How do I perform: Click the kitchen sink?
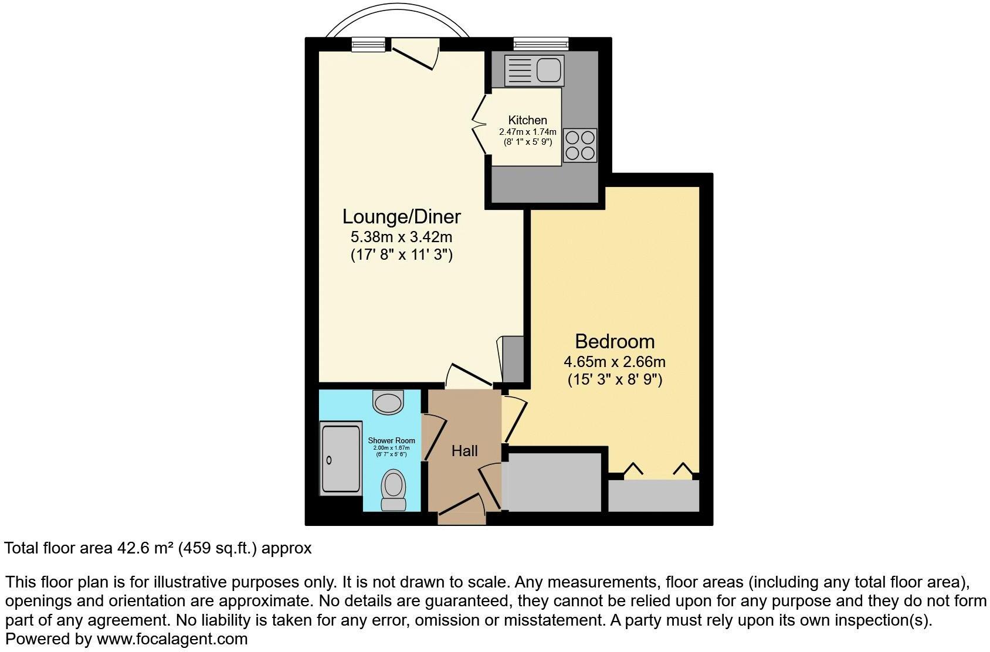click(x=549, y=70)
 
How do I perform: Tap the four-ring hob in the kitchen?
click(x=579, y=145)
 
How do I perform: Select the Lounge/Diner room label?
click(x=401, y=216)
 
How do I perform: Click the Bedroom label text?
click(x=614, y=341)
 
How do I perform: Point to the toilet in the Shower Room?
click(x=393, y=490)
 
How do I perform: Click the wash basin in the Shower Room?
click(x=388, y=403)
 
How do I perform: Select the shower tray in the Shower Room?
click(x=341, y=459)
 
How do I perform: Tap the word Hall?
click(x=465, y=451)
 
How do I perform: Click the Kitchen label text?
click(x=527, y=120)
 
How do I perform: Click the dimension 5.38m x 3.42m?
click(x=401, y=237)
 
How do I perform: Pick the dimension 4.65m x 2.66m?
click(x=614, y=362)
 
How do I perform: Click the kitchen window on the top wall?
click(x=541, y=43)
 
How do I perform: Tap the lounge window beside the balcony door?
click(x=368, y=44)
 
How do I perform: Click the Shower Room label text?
click(x=391, y=440)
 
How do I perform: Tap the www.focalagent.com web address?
click(x=172, y=639)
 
